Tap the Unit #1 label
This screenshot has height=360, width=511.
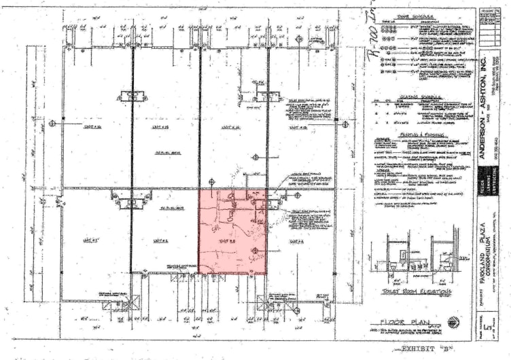tap(91, 240)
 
